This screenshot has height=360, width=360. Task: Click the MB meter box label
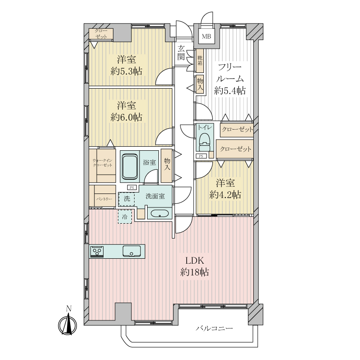206,36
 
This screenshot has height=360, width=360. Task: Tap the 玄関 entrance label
182,53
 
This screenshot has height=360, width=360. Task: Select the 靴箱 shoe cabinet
200,60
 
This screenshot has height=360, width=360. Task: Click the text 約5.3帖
126,72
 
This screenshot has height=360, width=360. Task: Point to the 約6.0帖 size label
126,117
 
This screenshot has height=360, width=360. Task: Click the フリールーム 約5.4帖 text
230,79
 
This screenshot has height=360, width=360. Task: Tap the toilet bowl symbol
204,141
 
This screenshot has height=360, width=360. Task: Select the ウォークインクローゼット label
103,163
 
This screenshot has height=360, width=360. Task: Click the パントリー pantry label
104,199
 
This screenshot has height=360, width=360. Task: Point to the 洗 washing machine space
126,199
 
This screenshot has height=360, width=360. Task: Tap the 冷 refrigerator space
125,216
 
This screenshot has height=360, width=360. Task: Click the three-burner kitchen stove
97,252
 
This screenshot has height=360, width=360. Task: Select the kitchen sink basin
131,251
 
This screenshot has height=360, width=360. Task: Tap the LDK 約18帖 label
195,266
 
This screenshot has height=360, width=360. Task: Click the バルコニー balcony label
214,328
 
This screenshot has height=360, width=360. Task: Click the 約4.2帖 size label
225,195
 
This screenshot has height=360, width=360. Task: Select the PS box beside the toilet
201,156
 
